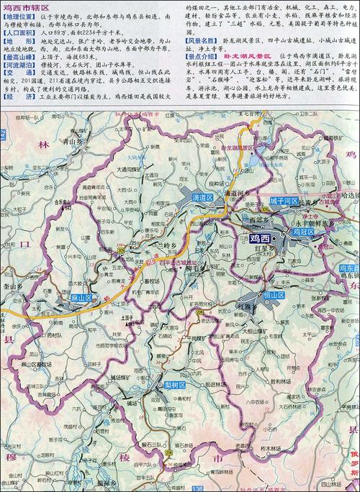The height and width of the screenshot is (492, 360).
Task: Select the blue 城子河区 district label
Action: point(282,201)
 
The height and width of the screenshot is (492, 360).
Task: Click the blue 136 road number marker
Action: point(196,489)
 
